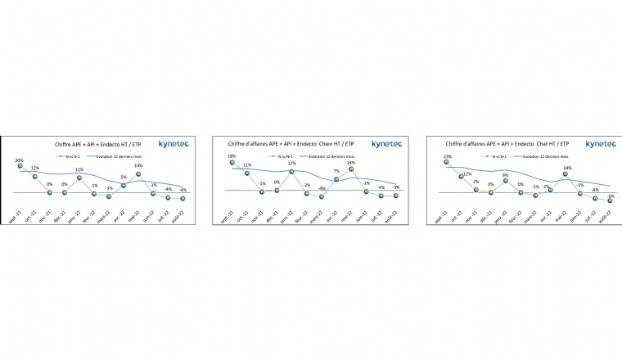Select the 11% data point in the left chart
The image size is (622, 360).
(x=79, y=177)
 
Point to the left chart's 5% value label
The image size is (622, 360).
(x=123, y=177)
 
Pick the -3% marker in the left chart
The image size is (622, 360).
(x=109, y=196)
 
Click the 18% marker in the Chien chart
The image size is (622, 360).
(x=232, y=163)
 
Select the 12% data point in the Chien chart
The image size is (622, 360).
(x=292, y=171)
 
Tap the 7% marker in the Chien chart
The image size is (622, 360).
(x=336, y=179)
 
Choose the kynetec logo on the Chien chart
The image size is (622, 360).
(x=386, y=144)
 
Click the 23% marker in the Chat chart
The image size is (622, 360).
(x=446, y=162)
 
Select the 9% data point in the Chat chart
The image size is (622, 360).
(x=506, y=181)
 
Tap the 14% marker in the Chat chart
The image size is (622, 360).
(x=566, y=174)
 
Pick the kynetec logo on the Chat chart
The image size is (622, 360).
(x=601, y=144)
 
